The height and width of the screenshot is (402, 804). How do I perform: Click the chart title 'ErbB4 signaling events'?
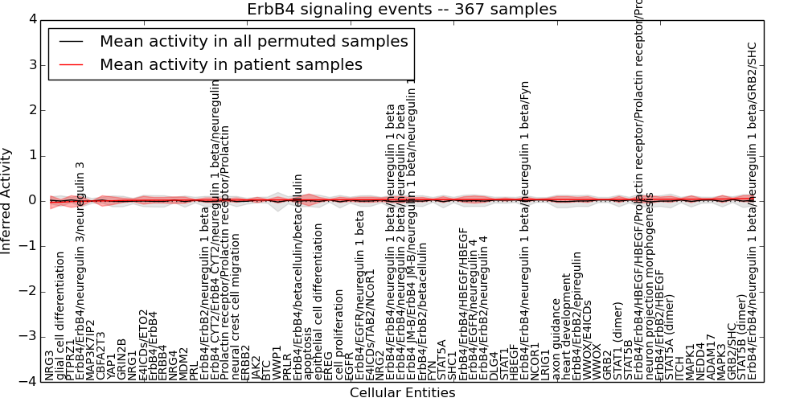pos(401,10)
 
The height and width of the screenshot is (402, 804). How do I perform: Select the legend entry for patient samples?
pos(231,65)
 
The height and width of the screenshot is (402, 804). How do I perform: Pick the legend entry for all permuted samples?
pos(254,42)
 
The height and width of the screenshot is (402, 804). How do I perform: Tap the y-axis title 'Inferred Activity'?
pos(7,200)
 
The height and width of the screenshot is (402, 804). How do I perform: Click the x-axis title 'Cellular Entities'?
pos(402,393)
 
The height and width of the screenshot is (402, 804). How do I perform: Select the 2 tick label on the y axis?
pos(30,110)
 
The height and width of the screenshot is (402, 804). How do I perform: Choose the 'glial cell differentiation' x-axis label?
pos(60,314)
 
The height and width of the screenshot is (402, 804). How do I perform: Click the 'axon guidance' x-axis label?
pos(556,338)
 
